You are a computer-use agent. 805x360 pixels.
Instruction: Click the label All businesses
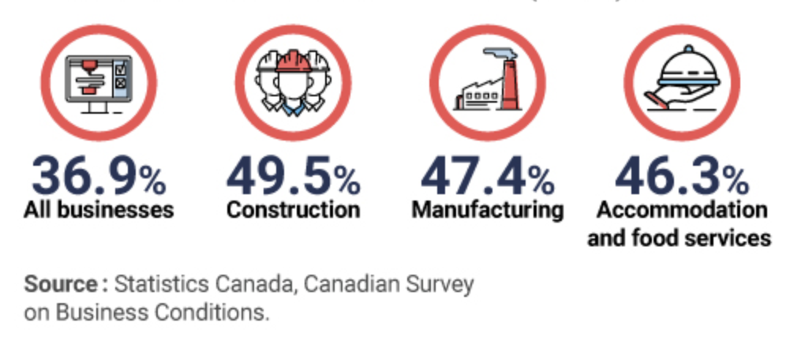[99, 211]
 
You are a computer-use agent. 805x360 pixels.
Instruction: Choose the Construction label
[294, 211]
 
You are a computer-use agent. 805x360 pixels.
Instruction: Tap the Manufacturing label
[488, 211]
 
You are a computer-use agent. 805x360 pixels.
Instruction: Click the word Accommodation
[682, 211]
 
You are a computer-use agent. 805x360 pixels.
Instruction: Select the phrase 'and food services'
[679, 238]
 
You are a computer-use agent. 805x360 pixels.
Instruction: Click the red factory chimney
[509, 87]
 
